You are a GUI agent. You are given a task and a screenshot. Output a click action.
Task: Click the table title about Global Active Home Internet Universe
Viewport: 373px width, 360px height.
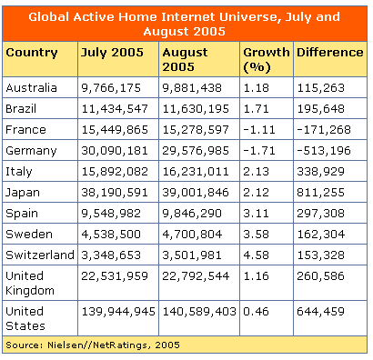(186, 23)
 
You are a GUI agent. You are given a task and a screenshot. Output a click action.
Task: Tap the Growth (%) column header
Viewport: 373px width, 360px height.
(265, 59)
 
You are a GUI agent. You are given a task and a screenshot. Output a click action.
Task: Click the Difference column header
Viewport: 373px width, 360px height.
(329, 52)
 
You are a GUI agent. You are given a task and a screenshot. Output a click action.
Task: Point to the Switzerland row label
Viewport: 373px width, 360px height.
(39, 255)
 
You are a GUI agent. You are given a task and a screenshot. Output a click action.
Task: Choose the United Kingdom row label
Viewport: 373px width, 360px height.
(30, 283)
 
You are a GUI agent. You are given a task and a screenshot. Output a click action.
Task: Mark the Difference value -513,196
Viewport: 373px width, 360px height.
(324, 150)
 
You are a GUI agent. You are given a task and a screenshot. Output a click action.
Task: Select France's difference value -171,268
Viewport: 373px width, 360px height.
(324, 129)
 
